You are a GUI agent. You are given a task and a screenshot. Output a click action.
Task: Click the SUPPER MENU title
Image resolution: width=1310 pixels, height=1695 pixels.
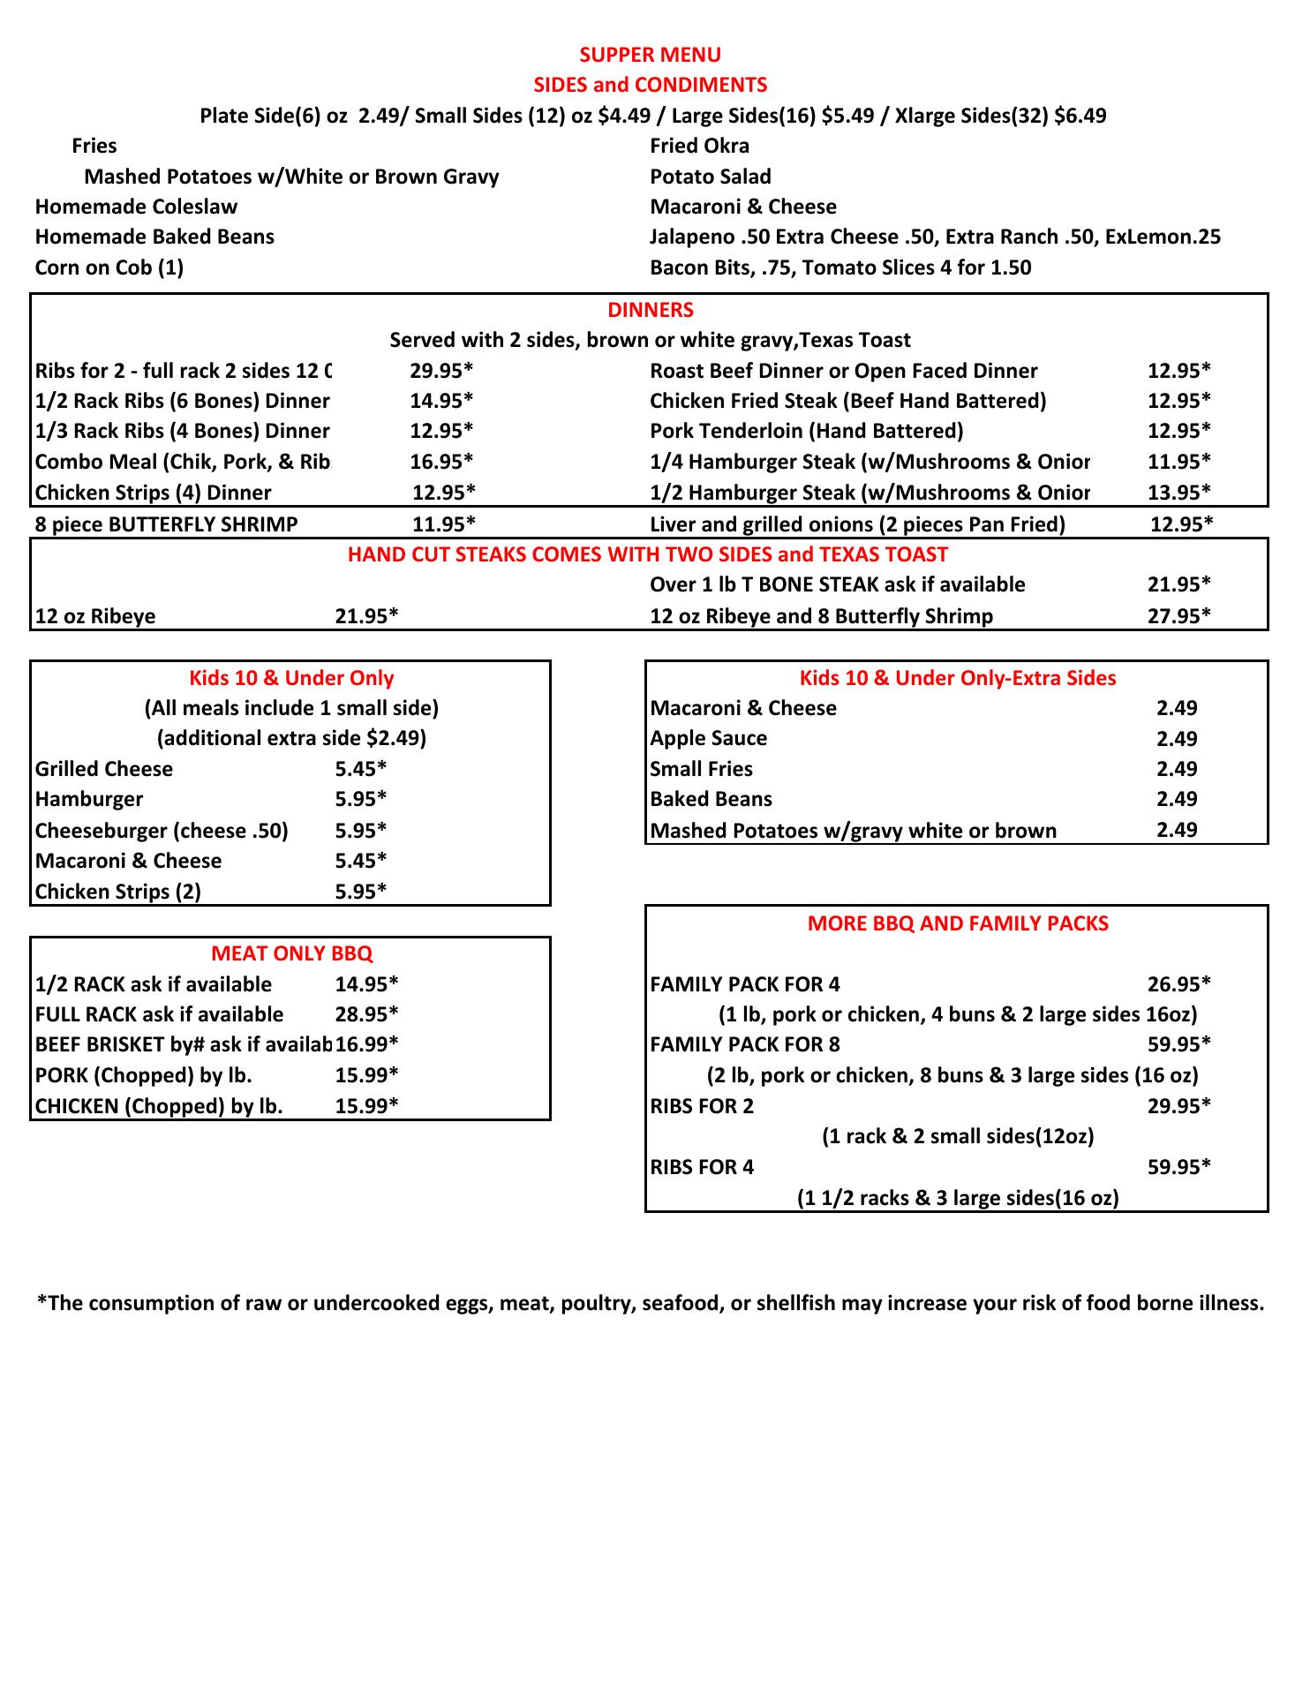pyautogui.click(x=650, y=55)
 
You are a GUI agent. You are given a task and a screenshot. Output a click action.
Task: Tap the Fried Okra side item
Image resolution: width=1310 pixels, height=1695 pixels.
pyautogui.click(x=699, y=146)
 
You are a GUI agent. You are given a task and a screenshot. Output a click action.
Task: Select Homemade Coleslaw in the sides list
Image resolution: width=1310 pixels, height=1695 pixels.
pyautogui.click(x=136, y=207)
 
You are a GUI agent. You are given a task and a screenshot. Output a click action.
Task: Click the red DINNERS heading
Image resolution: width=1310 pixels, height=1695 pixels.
pyautogui.click(x=650, y=310)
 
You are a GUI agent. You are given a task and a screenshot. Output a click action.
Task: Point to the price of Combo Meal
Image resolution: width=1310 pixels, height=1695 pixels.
pyautogui.click(x=441, y=461)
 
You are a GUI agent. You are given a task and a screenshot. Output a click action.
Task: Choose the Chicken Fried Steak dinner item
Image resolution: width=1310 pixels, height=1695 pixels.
pyautogui.click(x=847, y=401)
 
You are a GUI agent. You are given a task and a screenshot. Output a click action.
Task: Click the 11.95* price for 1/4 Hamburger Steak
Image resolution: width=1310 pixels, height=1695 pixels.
pyautogui.click(x=1178, y=461)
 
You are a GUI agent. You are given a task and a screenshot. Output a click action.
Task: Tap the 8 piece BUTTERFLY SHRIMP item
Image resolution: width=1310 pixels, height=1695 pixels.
pyautogui.click(x=166, y=524)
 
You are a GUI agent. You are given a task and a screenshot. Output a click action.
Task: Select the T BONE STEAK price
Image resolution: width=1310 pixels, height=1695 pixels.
pyautogui.click(x=1178, y=584)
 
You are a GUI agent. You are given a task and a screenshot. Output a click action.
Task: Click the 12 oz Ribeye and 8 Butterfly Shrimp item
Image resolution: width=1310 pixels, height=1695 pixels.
pyautogui.click(x=821, y=616)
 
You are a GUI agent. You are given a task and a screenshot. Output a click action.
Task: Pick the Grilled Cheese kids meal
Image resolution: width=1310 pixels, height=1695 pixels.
pyautogui.click(x=104, y=769)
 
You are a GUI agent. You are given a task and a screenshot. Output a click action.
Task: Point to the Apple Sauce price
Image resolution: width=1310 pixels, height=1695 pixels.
pyautogui.click(x=1177, y=739)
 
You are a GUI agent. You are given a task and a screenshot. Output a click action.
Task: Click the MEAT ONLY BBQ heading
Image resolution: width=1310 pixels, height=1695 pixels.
pyautogui.click(x=291, y=953)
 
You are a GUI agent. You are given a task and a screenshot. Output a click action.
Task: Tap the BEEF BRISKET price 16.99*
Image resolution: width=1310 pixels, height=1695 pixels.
pyautogui.click(x=366, y=1044)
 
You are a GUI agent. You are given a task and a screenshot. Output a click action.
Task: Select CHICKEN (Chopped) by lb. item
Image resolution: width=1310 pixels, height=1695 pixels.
pyautogui.click(x=159, y=1106)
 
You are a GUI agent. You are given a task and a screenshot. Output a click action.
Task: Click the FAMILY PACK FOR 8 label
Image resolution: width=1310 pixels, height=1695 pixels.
pyautogui.click(x=745, y=1044)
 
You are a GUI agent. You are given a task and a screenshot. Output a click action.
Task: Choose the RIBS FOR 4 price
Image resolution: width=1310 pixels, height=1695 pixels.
pyautogui.click(x=1178, y=1167)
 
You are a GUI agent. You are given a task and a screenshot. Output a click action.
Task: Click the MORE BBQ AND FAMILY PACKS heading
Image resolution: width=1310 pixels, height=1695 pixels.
pyautogui.click(x=958, y=923)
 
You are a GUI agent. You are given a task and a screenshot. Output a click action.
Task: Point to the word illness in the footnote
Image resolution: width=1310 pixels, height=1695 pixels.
pyautogui.click(x=1232, y=1303)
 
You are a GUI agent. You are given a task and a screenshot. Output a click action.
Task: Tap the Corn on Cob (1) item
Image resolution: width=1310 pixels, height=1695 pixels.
pyautogui.click(x=109, y=267)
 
